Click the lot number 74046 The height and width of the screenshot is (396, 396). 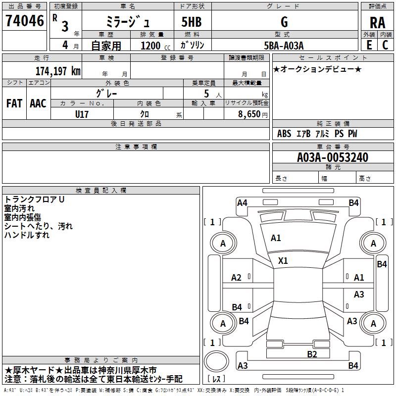(x=24, y=21)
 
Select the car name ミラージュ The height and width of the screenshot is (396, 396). (x=127, y=21)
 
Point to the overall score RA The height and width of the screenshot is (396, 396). (x=377, y=22)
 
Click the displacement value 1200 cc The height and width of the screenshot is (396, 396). (x=153, y=46)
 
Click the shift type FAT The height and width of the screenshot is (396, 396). (x=14, y=103)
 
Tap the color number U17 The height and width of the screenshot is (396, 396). (x=82, y=114)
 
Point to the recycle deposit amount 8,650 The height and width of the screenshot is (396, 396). (x=249, y=114)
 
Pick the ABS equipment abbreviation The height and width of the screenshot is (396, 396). (x=284, y=134)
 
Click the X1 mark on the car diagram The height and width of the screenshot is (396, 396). (x=283, y=260)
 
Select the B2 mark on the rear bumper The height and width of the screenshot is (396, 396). (x=311, y=354)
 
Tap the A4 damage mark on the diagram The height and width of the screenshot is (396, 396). (x=242, y=202)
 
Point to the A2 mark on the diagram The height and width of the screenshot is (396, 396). (x=237, y=278)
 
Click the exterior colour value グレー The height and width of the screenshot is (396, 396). (x=107, y=93)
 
